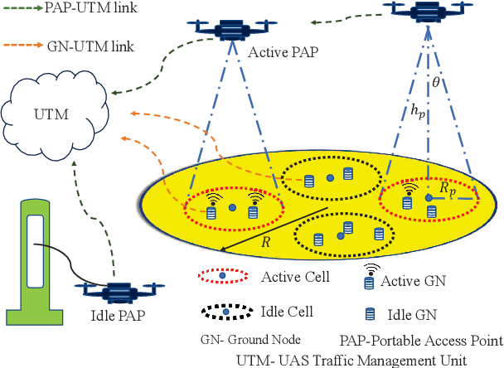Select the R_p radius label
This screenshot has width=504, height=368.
pos(448,188)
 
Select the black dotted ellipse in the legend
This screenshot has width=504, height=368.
pos(226,312)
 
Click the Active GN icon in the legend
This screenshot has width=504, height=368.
pos(369,279)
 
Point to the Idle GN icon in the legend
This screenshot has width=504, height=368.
pos(369,314)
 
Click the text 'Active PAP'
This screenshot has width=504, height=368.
pos(279,54)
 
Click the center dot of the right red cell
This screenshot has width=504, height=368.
pos(429,198)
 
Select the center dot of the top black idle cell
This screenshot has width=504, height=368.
pos(328,177)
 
